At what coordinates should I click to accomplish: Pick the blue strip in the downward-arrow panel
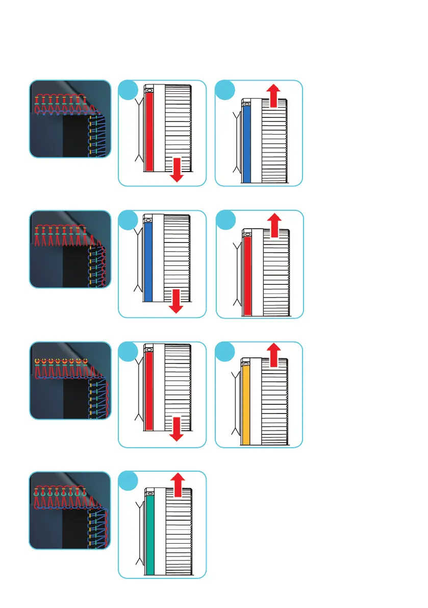tap(148, 261)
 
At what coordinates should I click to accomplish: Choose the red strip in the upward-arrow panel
tap(248, 276)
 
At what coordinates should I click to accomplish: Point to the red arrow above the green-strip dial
tap(178, 483)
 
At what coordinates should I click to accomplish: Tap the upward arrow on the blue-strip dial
tap(274, 95)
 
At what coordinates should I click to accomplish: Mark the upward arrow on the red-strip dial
tap(274, 225)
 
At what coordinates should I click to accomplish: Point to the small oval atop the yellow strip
tap(246, 364)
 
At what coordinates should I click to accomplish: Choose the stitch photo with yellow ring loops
tap(70, 380)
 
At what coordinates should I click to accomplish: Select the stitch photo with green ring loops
tap(70, 510)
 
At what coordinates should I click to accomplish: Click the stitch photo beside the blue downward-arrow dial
tap(70, 249)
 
